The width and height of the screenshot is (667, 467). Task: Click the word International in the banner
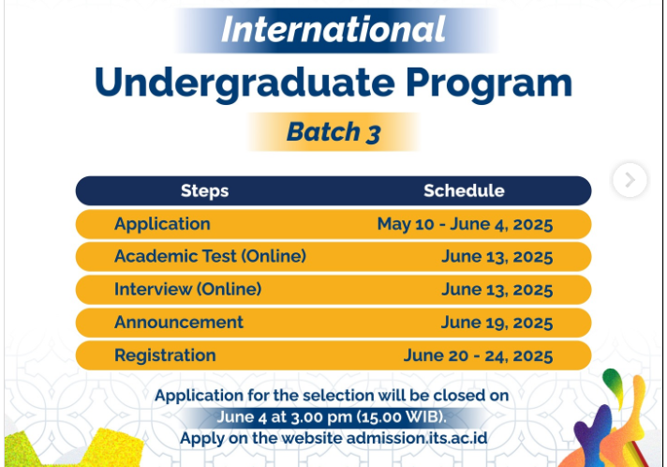click(333, 30)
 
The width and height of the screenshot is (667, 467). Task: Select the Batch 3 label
click(333, 132)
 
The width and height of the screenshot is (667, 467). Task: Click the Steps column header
click(204, 190)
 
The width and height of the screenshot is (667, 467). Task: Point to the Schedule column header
click(464, 190)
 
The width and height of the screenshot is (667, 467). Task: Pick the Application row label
click(162, 224)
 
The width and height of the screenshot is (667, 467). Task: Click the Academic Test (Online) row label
click(210, 256)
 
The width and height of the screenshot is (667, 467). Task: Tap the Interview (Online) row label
click(187, 289)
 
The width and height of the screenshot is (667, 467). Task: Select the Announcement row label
click(178, 322)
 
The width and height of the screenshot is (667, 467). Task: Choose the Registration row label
click(165, 355)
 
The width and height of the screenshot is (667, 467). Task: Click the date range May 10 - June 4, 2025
click(465, 224)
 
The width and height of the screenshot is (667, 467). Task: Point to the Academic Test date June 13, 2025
click(497, 256)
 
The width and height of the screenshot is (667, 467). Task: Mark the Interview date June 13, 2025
click(497, 289)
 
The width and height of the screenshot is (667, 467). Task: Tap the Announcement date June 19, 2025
click(497, 322)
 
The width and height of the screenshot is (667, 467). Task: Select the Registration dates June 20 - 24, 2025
click(478, 355)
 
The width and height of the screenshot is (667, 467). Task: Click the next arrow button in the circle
click(630, 179)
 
